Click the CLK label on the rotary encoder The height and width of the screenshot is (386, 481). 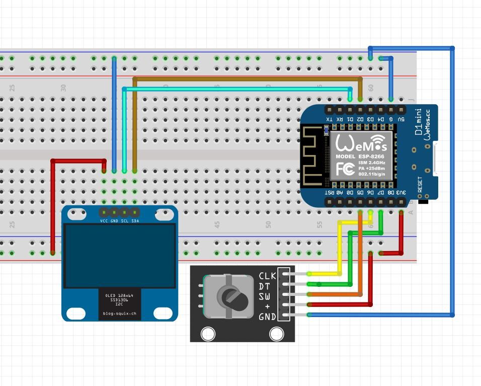[267, 276]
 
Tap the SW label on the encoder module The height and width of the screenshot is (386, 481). [265, 296]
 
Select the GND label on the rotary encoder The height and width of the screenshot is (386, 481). [267, 317]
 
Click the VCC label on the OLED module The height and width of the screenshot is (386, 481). [104, 221]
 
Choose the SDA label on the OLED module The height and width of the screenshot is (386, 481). [135, 221]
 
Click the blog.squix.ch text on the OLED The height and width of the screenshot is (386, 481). [120, 314]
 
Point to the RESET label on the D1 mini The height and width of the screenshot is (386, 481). [420, 186]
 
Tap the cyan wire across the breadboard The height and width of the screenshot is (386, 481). [236, 89]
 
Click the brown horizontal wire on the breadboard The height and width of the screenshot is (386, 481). [247, 79]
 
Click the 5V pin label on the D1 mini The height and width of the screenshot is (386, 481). [401, 119]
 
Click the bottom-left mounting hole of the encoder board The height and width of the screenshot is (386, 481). [207, 333]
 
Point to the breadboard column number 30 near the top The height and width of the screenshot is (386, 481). [63, 88]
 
